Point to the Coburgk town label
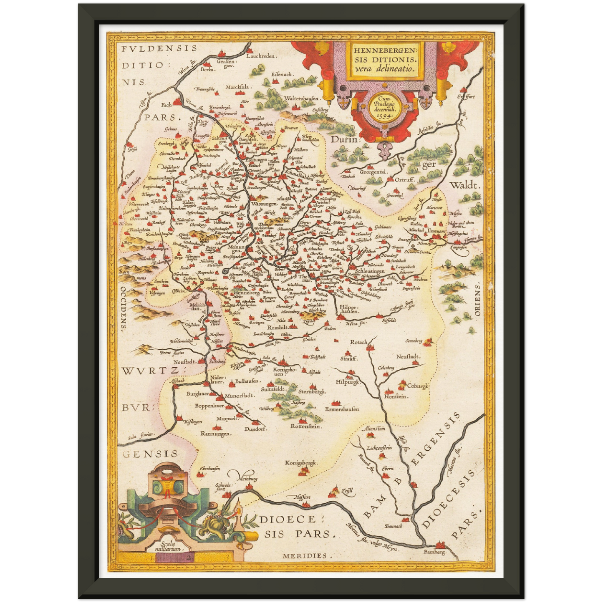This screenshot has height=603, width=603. (x=418, y=386)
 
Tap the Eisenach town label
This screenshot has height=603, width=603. (x=283, y=74)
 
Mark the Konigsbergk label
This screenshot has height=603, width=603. (x=301, y=462)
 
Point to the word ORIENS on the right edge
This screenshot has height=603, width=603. (x=477, y=298)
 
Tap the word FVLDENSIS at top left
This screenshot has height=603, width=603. (x=159, y=48)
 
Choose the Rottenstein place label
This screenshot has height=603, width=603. (x=306, y=426)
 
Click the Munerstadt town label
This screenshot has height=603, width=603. (x=239, y=396)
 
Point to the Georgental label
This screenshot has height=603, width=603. (x=374, y=172)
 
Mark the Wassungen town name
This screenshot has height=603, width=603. (x=264, y=204)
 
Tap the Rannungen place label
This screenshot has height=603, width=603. (x=216, y=434)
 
